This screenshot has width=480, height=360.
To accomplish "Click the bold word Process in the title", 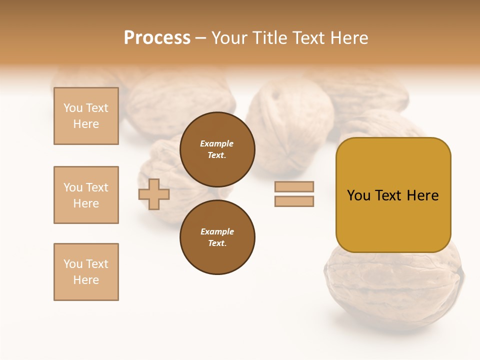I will (x=157, y=38).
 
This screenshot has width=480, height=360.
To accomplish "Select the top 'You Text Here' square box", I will (x=86, y=116).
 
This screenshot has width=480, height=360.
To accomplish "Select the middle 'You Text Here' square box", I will (x=86, y=195).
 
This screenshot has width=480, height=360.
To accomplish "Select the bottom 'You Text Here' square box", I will (x=86, y=272).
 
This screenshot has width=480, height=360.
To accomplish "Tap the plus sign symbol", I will (x=154, y=194).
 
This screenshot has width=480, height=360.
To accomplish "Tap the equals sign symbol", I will (x=294, y=194).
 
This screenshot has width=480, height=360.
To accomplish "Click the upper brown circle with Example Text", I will (x=217, y=149).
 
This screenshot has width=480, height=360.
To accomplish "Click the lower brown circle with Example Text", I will (x=217, y=237).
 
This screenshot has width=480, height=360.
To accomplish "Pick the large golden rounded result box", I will (x=393, y=220).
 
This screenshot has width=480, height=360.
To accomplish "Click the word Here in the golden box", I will (x=422, y=195).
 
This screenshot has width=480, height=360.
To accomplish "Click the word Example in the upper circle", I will (x=216, y=143).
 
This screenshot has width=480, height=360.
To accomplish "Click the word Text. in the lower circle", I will (x=217, y=243).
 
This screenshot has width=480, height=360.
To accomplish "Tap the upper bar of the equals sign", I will (x=294, y=187).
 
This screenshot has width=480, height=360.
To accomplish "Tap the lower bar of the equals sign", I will (x=294, y=201).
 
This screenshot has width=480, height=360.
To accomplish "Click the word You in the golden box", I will (x=358, y=195).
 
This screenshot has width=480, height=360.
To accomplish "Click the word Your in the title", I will (x=229, y=38).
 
